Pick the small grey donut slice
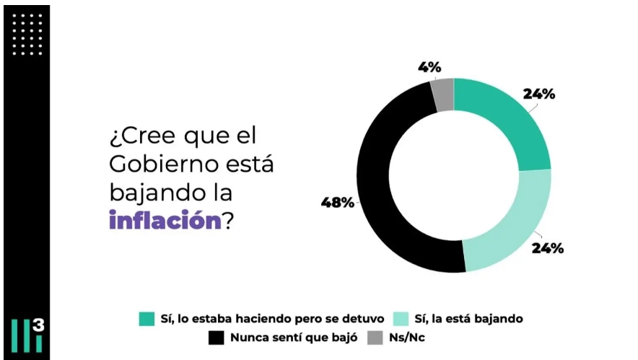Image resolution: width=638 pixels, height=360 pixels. [x=442, y=94]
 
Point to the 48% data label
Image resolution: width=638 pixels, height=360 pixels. [x=338, y=202]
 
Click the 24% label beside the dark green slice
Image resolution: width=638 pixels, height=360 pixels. [x=538, y=94]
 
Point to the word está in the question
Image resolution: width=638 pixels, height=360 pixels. [x=253, y=164]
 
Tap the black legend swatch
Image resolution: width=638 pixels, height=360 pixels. [x=217, y=337]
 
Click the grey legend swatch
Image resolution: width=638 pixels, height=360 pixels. [x=374, y=337]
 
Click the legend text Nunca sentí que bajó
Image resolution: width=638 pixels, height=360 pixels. [x=292, y=337]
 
